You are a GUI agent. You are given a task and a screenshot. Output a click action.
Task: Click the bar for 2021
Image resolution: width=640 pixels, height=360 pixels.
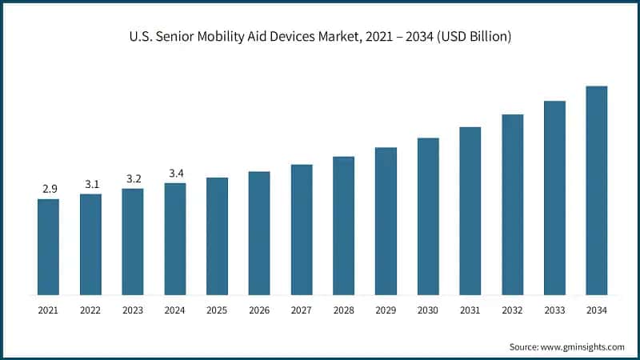[48, 246]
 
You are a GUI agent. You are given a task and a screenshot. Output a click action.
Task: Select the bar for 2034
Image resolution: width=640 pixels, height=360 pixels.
[597, 190]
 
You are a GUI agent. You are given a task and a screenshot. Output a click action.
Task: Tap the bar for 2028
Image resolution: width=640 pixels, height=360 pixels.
[343, 226]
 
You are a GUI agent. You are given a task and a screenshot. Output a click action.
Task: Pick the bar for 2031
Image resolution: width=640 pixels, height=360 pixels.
[470, 210]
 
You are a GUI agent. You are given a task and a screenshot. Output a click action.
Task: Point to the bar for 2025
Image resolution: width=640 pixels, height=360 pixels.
[217, 236]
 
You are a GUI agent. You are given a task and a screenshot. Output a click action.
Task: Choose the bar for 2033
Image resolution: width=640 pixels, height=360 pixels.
[554, 198]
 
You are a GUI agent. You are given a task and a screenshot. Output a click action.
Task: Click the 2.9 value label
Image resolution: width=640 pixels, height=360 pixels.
[49, 189]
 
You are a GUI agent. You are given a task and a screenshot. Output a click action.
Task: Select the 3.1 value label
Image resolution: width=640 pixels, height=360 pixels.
[91, 184]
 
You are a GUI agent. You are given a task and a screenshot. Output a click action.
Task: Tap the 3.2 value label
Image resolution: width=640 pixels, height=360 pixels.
[133, 178]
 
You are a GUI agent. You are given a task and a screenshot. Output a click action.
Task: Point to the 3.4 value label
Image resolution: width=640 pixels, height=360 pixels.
[175, 173]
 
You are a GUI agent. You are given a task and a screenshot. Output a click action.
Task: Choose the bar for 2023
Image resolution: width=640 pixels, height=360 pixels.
[133, 242]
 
